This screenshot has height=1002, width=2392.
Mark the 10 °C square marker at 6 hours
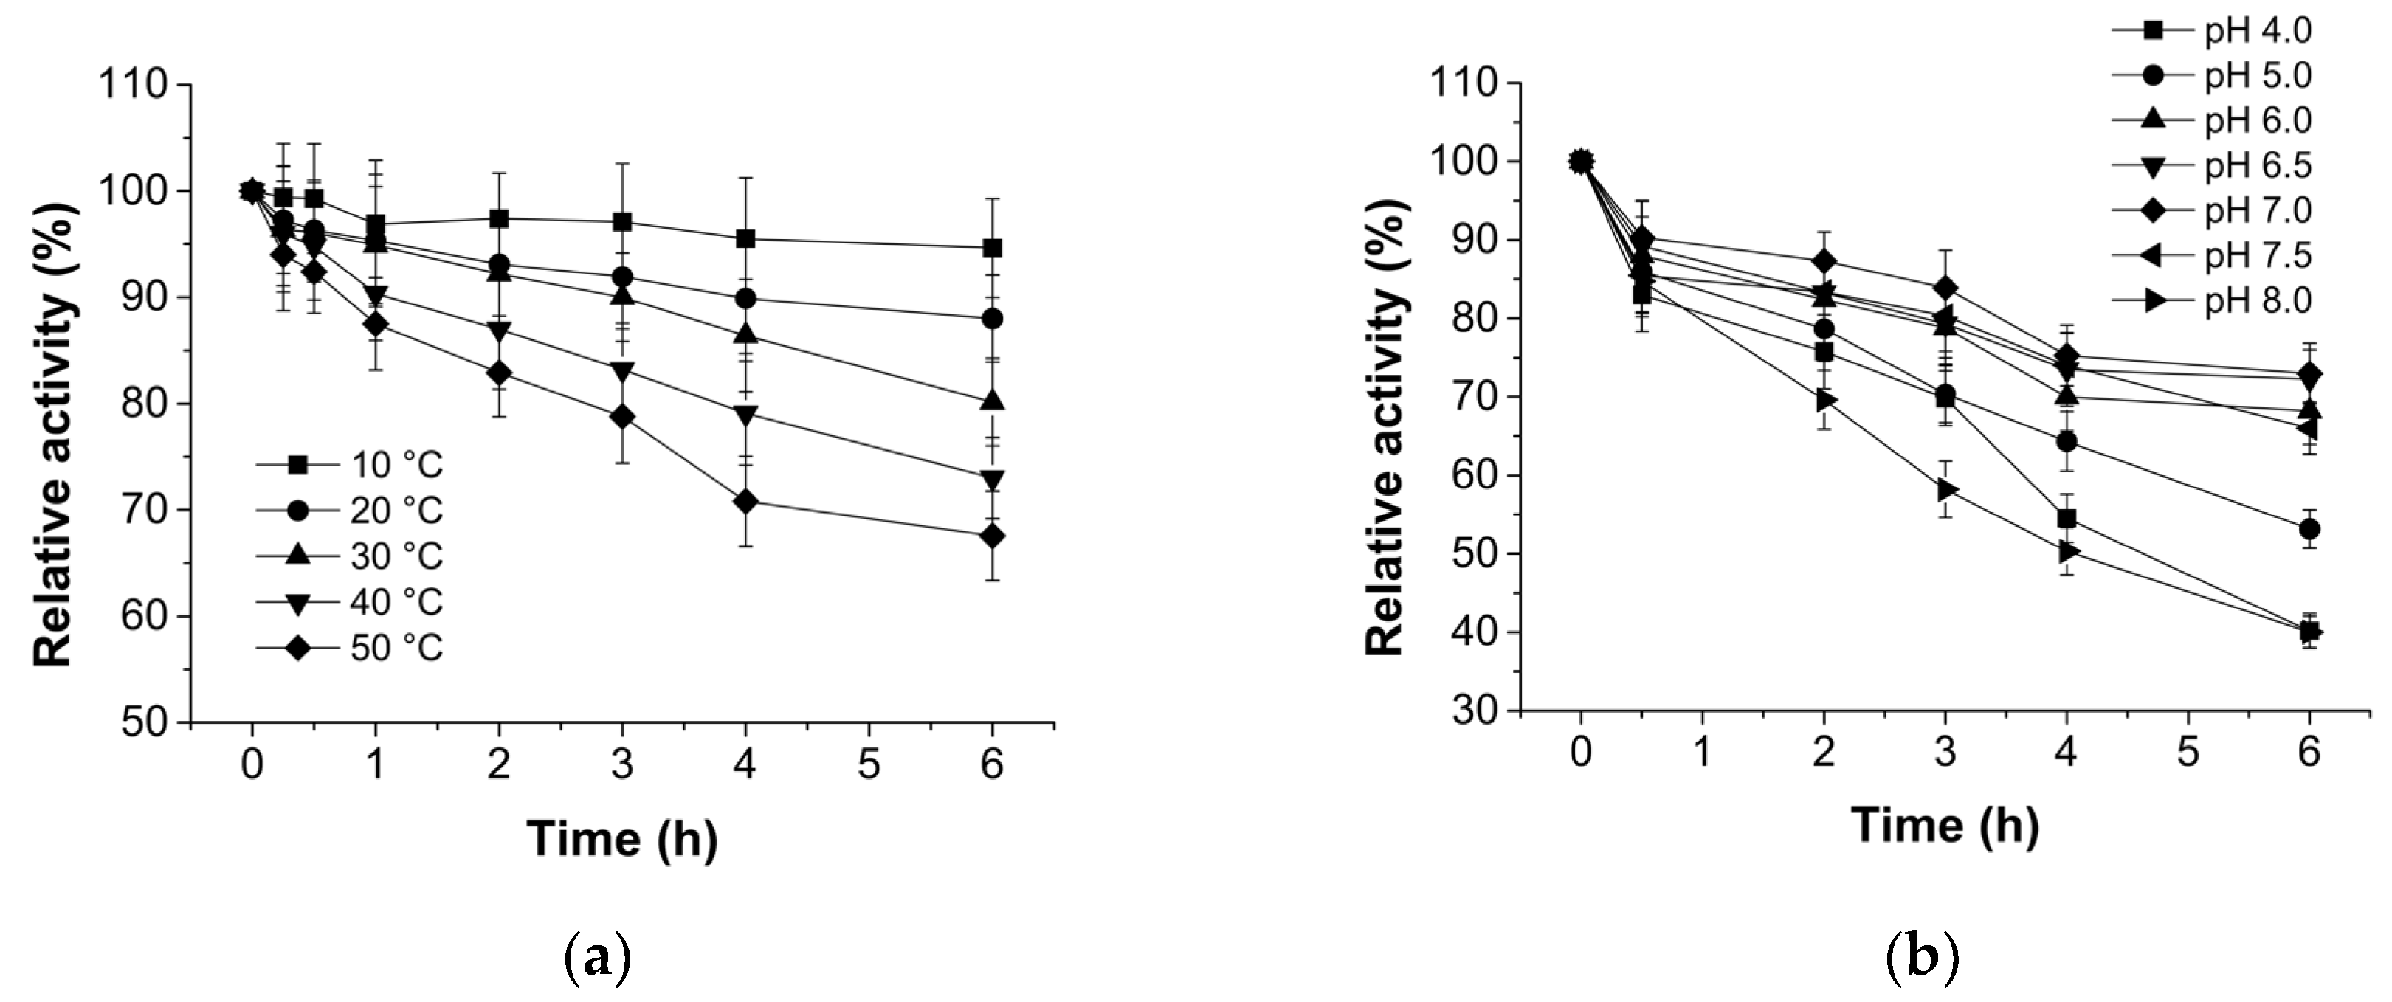pyautogui.click(x=992, y=248)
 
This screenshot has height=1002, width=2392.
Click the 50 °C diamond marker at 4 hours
pyautogui.click(x=745, y=502)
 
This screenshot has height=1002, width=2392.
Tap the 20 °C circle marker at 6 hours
pyautogui.click(x=992, y=319)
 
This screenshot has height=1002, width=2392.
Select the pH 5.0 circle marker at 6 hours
pyautogui.click(x=2309, y=529)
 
